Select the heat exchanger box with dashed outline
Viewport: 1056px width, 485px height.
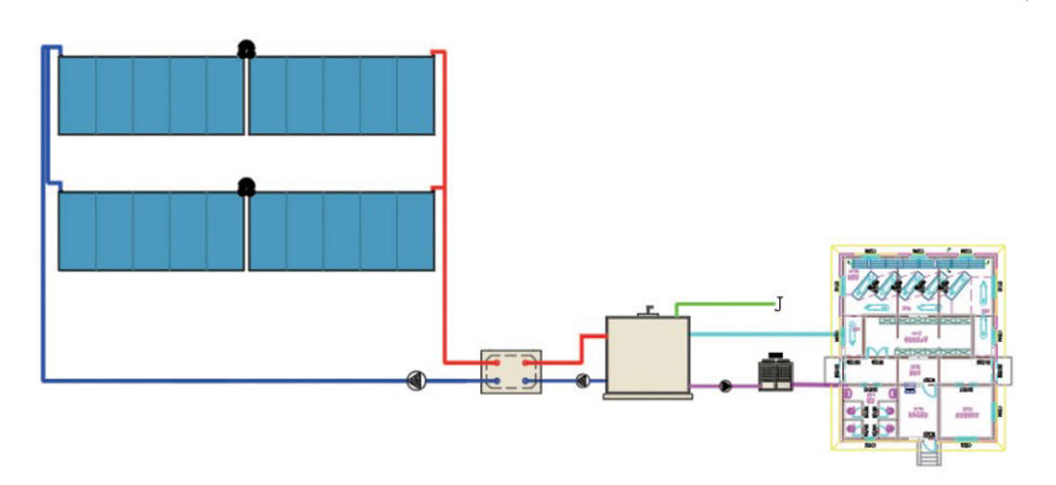(511, 372)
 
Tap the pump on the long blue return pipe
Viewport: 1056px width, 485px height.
(416, 380)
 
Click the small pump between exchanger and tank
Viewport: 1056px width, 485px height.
(583, 381)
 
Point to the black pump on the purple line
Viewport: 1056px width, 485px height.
(726, 385)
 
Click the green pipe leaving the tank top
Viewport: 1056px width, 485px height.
(724, 304)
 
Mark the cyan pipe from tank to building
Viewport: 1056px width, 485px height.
(763, 333)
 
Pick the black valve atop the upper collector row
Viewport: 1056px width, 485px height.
(246, 49)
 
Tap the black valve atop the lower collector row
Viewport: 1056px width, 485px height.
(246, 185)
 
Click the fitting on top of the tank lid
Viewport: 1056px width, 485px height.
(646, 312)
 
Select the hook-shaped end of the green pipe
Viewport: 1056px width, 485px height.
(778, 305)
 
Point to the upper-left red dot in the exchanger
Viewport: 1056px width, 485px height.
(497, 362)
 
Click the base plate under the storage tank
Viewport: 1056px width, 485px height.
(647, 395)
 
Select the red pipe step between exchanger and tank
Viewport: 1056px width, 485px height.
(584, 348)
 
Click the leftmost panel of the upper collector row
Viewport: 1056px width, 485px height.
(77, 95)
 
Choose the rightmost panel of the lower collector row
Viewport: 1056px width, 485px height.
(416, 231)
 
